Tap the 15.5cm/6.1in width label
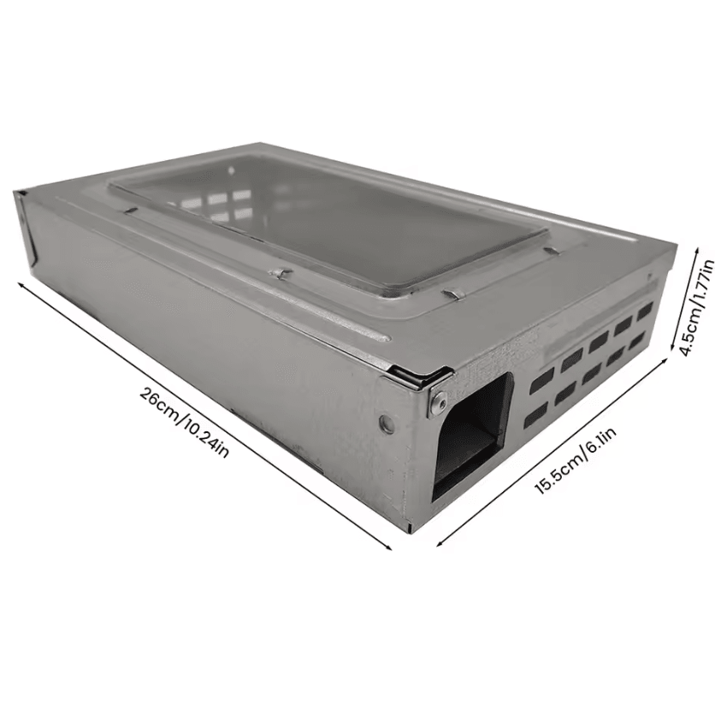(x=575, y=460)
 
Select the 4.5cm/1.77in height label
(x=696, y=307)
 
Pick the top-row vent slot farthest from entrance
(x=646, y=311)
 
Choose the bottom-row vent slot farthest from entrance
(x=640, y=341)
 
